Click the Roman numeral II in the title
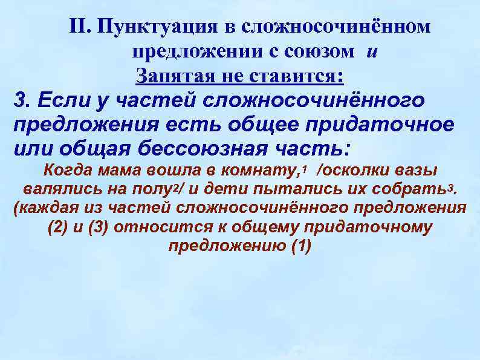coord(79,26)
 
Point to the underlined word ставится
coord(303,76)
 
